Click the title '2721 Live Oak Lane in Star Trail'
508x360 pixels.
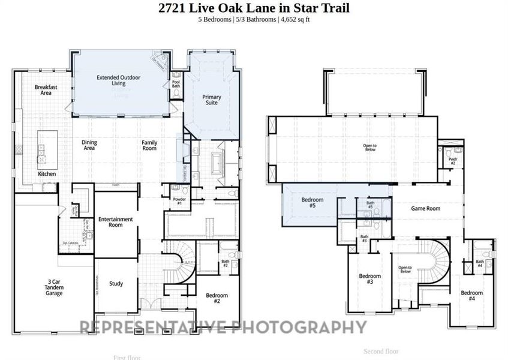[254, 8]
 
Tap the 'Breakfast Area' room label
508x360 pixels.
[46, 90]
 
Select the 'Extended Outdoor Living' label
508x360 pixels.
[111, 80]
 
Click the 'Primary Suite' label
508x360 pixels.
[212, 100]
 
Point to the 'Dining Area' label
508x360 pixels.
[89, 145]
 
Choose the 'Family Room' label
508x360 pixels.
[149, 145]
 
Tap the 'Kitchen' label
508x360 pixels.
[47, 174]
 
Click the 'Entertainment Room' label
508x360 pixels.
[115, 222]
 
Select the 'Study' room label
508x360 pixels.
[116, 284]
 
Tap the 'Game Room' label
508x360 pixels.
[425, 209]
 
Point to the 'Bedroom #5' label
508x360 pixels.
[312, 203]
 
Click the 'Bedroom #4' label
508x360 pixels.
[471, 296]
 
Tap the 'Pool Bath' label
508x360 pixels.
[176, 84]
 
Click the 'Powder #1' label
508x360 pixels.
[178, 201]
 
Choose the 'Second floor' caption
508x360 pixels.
[381, 351]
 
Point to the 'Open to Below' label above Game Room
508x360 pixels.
[370, 148]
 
